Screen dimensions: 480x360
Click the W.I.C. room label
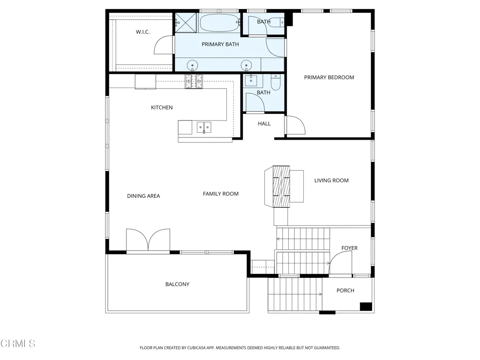[x=142, y=32]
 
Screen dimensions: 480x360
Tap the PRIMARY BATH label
[x=220, y=45]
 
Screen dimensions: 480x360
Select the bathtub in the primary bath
[x=219, y=22]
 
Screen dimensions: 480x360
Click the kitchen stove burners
[x=194, y=82]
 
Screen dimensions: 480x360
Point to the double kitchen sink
[x=204, y=127]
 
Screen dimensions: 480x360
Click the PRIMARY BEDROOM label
[x=329, y=77]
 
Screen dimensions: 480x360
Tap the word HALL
[x=264, y=124]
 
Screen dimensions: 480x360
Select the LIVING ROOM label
[x=331, y=180]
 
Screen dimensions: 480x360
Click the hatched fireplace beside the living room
[x=281, y=187]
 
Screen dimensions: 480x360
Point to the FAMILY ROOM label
[x=221, y=194]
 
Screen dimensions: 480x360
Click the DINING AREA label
[x=143, y=196]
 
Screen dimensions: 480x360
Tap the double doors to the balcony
[x=148, y=240]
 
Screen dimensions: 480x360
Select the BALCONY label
[x=177, y=285]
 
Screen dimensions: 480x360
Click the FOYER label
[x=349, y=248]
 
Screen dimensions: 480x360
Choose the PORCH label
[x=345, y=291]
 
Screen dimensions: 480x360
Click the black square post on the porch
[x=366, y=307]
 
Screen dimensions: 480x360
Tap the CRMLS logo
[x=18, y=344]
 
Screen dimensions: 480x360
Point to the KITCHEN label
[x=162, y=107]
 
